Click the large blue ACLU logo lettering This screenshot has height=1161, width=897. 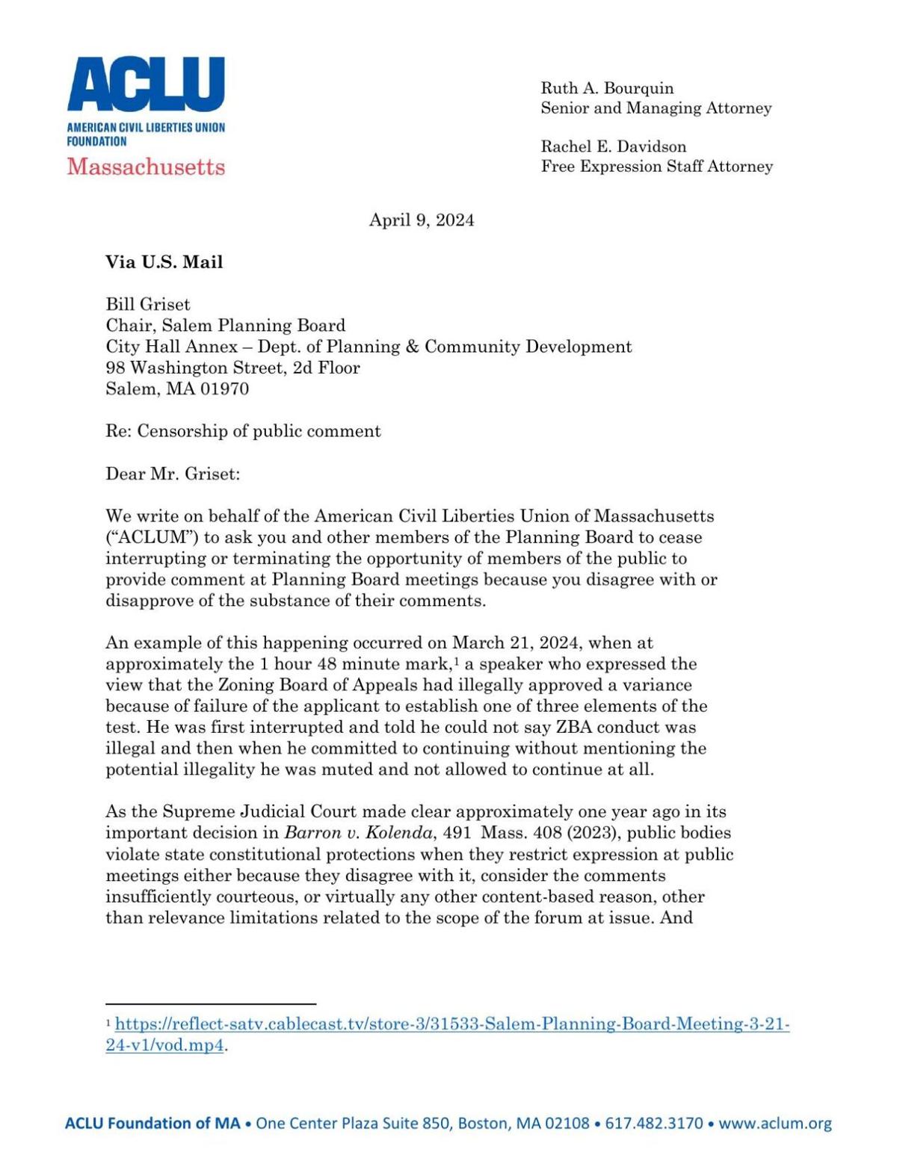pos(146,84)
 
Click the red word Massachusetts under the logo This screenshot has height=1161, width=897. pos(146,166)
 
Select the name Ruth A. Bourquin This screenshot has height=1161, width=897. pos(607,88)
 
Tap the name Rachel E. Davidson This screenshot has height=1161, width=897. pos(613,146)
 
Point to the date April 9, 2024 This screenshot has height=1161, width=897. pos(422,220)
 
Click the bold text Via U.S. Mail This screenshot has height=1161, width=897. pos(164,262)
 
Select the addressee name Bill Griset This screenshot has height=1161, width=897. pos(147,304)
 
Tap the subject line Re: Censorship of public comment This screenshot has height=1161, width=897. pos(243,431)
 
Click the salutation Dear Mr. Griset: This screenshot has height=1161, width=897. pos(173,474)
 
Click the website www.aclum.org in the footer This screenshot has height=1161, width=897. pos(774,1123)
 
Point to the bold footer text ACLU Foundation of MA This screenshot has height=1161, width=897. pos(152,1123)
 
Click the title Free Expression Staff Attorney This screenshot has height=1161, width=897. pos(656,167)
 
